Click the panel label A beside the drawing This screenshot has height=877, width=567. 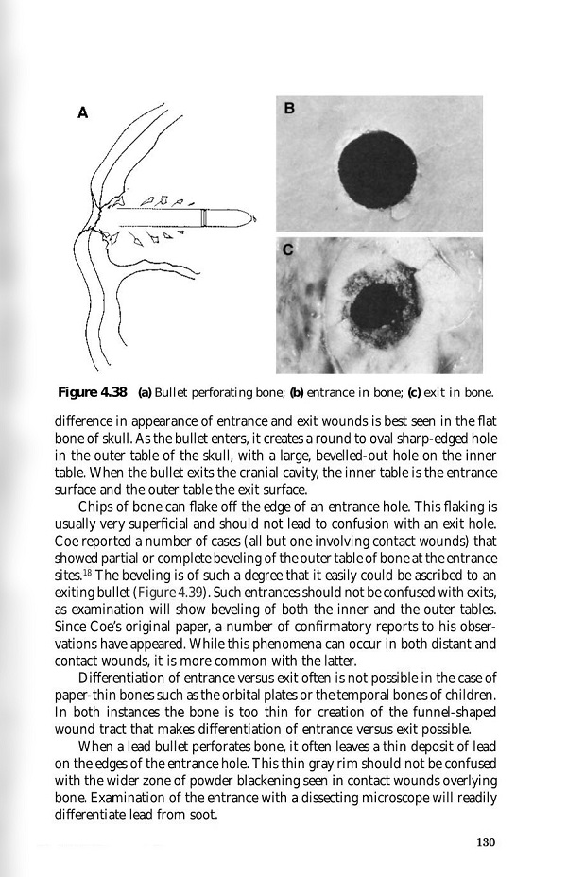pyautogui.click(x=82, y=112)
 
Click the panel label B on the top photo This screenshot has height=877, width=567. pyautogui.click(x=289, y=108)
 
